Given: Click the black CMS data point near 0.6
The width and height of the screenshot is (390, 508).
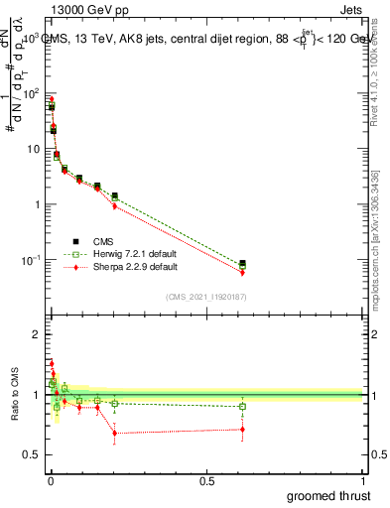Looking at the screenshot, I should [x=242, y=263].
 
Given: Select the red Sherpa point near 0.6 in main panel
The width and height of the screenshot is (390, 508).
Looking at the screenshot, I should [x=242, y=272].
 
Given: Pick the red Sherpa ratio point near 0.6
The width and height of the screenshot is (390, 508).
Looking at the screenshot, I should [x=242, y=430].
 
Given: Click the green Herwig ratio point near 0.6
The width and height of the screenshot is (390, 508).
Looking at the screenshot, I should [x=242, y=407].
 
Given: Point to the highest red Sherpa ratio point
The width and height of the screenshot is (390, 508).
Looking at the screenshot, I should [x=52, y=363].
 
